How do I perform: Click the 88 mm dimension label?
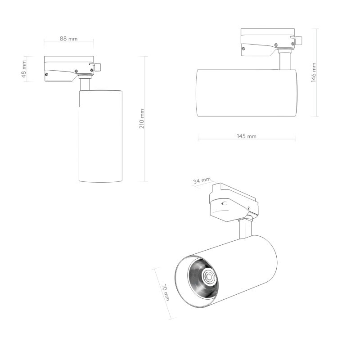[x=69, y=39]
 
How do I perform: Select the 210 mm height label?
[x=141, y=119]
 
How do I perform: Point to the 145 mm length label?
[x=246, y=136]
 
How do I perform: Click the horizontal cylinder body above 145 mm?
[x=246, y=93]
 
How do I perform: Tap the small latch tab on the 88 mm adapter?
[x=97, y=67]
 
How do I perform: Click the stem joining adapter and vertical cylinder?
[x=85, y=84]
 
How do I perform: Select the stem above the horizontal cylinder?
[x=284, y=60]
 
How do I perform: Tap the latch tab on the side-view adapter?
[x=298, y=40]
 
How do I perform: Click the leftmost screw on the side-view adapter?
[x=243, y=49]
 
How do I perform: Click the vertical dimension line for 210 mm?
[x=145, y=148]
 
